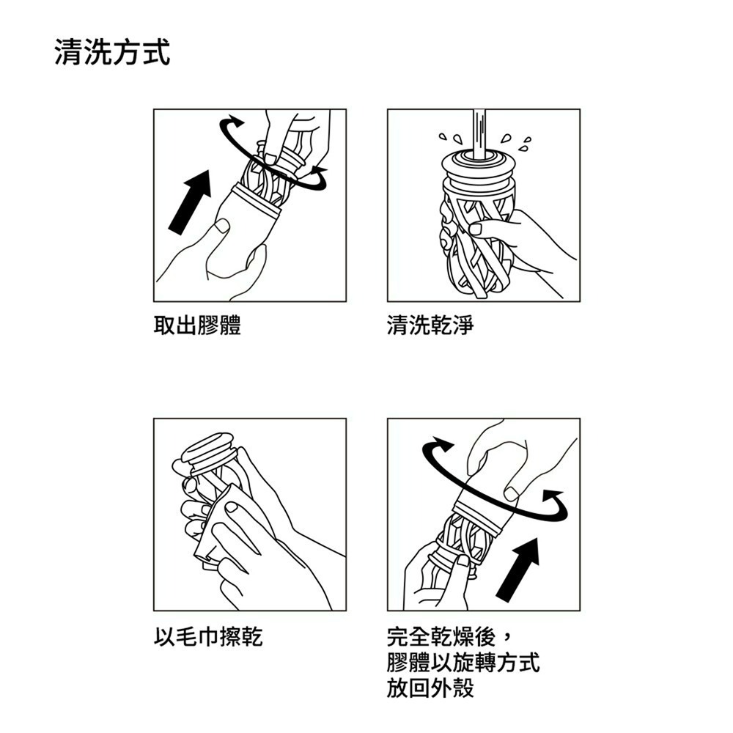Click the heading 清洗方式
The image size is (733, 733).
click(112, 54)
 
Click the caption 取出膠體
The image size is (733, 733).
click(197, 325)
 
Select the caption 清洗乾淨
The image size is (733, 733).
click(431, 325)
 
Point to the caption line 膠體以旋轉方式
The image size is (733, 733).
click(463, 662)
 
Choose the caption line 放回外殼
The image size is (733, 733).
click(431, 688)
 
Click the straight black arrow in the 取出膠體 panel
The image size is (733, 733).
click(189, 202)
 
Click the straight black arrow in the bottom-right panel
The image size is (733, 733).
click(518, 569)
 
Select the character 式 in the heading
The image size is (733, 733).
click(156, 54)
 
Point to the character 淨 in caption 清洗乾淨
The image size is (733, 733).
click(463, 325)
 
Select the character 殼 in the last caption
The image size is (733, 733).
click(463, 688)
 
